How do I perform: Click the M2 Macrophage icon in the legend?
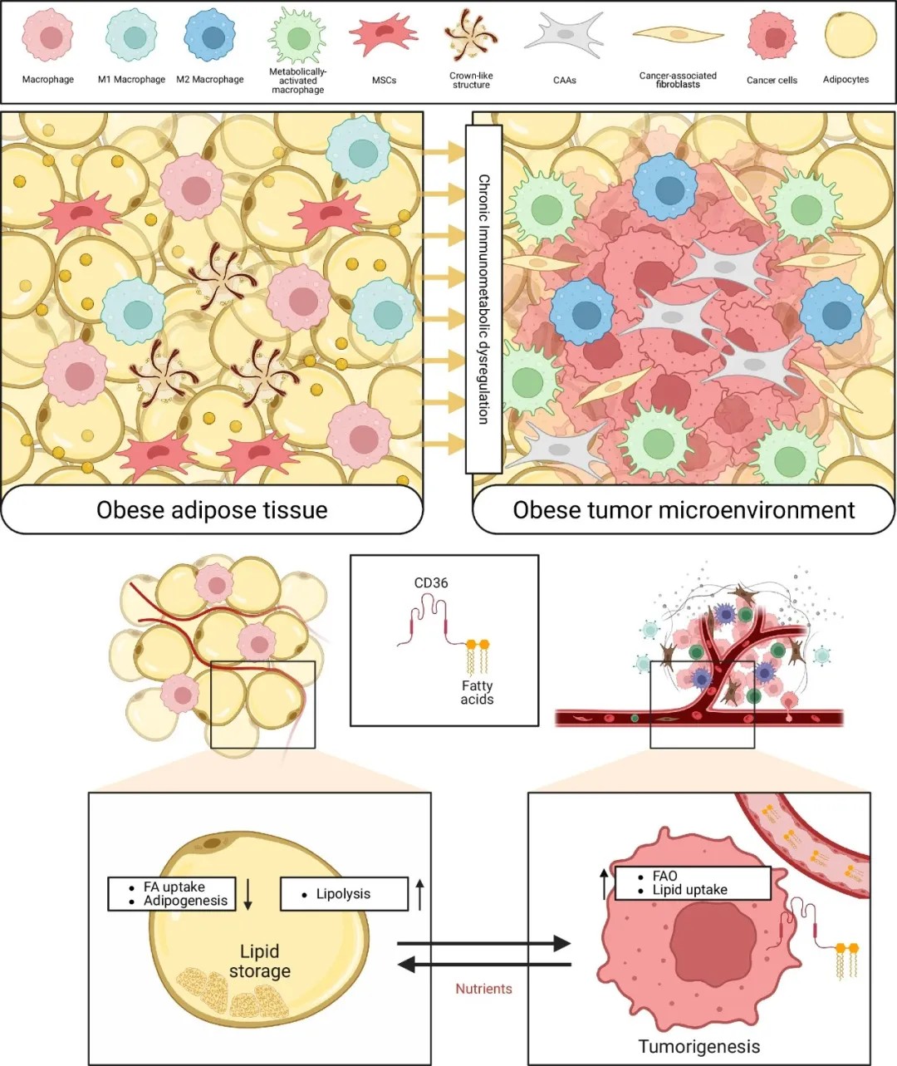pyautogui.click(x=210, y=37)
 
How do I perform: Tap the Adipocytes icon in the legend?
pyautogui.click(x=851, y=35)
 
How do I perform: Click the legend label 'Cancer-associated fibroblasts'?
pyautogui.click(x=678, y=80)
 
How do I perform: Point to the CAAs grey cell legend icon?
pyautogui.click(x=565, y=35)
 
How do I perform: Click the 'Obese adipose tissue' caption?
pyautogui.click(x=212, y=509)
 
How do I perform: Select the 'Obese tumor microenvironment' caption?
pyautogui.click(x=684, y=509)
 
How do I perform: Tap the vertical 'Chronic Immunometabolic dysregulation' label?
pyautogui.click(x=483, y=299)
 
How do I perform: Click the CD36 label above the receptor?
pyautogui.click(x=431, y=582)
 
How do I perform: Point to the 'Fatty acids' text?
pyautogui.click(x=477, y=692)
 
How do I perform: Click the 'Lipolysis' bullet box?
pyautogui.click(x=344, y=893)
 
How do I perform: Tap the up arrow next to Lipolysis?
pyautogui.click(x=419, y=894)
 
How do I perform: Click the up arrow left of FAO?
pyautogui.click(x=604, y=884)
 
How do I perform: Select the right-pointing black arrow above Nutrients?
pyautogui.click(x=483, y=944)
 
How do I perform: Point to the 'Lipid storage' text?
pyautogui.click(x=259, y=960)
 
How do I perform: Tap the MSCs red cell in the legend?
pyautogui.click(x=384, y=35)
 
